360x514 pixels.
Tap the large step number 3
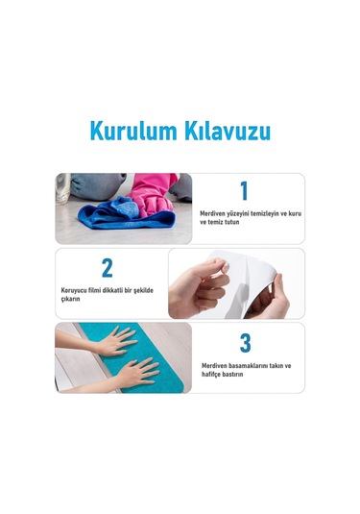click(245, 343)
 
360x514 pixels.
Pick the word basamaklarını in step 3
click(252, 366)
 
